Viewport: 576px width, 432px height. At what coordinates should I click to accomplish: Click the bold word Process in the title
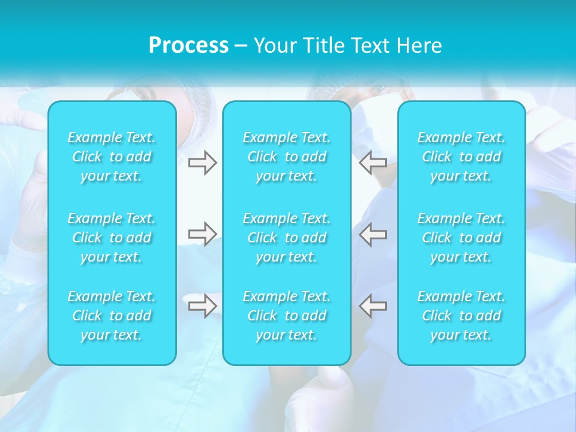click(188, 46)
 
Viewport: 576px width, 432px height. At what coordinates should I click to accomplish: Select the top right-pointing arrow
click(202, 163)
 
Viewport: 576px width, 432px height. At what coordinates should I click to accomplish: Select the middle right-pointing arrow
click(202, 234)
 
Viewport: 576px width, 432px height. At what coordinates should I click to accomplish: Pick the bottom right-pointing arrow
click(202, 305)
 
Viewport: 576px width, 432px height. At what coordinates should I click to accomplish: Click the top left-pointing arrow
click(373, 163)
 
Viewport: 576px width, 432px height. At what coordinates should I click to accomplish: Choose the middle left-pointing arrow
click(373, 234)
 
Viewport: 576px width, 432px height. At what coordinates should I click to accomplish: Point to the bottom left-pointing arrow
click(373, 305)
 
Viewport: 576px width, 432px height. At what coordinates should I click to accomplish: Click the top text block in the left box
click(112, 157)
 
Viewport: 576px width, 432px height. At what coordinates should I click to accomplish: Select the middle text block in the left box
click(112, 238)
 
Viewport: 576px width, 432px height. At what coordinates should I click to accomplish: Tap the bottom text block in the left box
click(112, 316)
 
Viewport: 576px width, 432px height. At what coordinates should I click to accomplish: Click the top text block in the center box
click(287, 157)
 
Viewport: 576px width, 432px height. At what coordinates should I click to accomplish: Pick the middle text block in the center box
click(287, 238)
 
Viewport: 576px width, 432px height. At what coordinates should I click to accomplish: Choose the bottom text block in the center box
click(287, 316)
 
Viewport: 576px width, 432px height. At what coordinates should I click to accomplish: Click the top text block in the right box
click(461, 157)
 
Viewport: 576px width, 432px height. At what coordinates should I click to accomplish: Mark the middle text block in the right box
click(461, 238)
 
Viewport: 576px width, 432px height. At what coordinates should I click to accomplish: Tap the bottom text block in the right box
click(461, 316)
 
